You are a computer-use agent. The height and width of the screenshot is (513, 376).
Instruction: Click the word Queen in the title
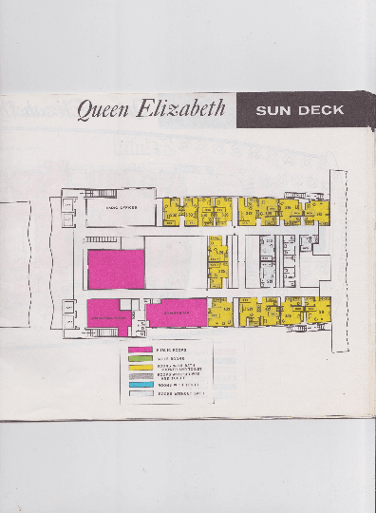[x=102, y=109]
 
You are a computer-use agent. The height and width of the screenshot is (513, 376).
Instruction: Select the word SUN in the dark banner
[x=273, y=110]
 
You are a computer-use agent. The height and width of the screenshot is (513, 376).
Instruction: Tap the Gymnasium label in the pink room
[x=176, y=311]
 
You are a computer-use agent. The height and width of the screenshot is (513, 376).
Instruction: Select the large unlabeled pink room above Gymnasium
[x=116, y=269]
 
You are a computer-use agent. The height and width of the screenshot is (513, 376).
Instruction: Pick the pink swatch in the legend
[x=141, y=351]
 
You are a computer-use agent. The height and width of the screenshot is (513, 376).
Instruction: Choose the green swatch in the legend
[x=141, y=359]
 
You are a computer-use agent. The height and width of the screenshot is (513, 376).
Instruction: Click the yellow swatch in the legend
[x=141, y=368]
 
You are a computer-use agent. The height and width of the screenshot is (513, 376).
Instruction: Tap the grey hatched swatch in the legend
[x=141, y=376]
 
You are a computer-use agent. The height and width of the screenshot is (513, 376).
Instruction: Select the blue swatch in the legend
[x=141, y=385]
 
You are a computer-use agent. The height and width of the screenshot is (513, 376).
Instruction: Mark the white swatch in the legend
[x=141, y=393]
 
